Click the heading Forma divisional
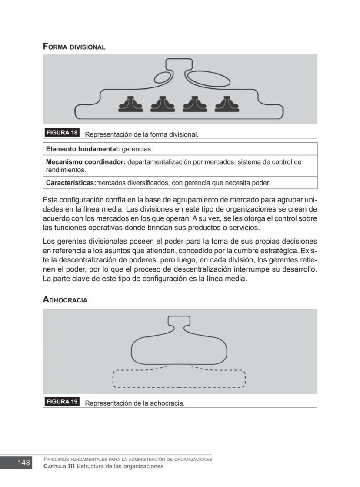pyautogui.click(x=74, y=47)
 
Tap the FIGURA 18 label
pyautogui.click(x=62, y=133)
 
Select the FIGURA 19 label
pyautogui.click(x=62, y=402)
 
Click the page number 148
pyautogui.click(x=24, y=463)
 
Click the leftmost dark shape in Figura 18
pyautogui.click(x=130, y=104)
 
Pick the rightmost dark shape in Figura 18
pyautogui.click(x=225, y=104)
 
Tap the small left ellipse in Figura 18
pyautogui.click(x=163, y=78)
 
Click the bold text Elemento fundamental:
pyautogui.click(x=83, y=149)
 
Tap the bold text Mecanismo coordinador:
pyautogui.click(x=86, y=162)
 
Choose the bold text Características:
pyautogui.click(x=71, y=183)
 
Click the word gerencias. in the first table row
pyautogui.click(x=137, y=149)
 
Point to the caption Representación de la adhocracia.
pyautogui.click(x=135, y=403)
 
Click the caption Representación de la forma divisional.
pyautogui.click(x=142, y=134)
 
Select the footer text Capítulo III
pyautogui.click(x=59, y=466)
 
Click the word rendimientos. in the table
pyautogui.click(x=66, y=170)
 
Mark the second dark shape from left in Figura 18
pyautogui.click(x=162, y=104)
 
